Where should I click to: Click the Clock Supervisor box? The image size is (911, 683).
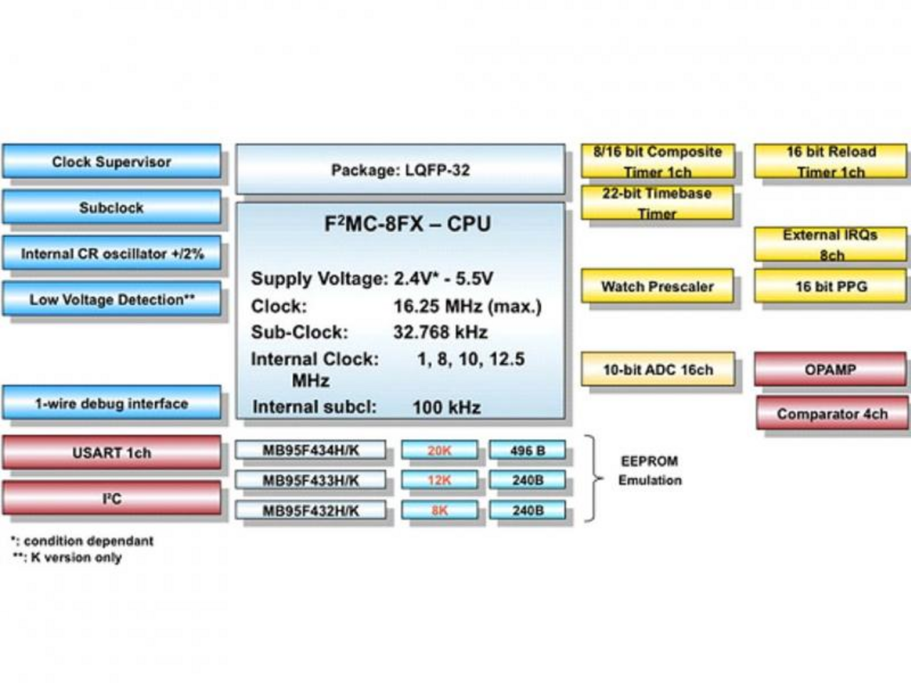coord(112,162)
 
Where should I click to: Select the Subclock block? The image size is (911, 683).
coord(112,208)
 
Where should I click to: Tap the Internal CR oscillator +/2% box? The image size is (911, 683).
coord(112,254)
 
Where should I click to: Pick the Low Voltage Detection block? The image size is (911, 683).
coord(112,300)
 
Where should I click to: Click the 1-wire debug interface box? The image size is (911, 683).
coord(112,403)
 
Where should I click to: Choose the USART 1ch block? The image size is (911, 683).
coord(112,452)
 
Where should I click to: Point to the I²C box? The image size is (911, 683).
coord(112,498)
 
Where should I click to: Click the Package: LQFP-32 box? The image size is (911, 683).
coord(400,170)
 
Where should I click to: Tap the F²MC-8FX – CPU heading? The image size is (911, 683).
coord(407,224)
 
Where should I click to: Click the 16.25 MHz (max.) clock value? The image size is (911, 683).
coord(467,307)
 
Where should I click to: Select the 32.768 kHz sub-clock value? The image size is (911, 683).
coord(440,332)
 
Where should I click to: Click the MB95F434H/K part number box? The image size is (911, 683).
coord(310,450)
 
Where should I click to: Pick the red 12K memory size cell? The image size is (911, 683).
coord(439,480)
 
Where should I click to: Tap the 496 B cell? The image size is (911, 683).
coord(527,450)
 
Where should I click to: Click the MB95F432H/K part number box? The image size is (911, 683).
coord(310,510)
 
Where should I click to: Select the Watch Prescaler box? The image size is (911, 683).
coord(657,287)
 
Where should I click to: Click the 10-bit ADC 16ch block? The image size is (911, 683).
coord(658,370)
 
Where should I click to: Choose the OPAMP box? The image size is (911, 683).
coord(831,370)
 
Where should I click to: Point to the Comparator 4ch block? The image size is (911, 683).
coord(832,414)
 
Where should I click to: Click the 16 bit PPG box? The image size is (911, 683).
coord(831,287)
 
